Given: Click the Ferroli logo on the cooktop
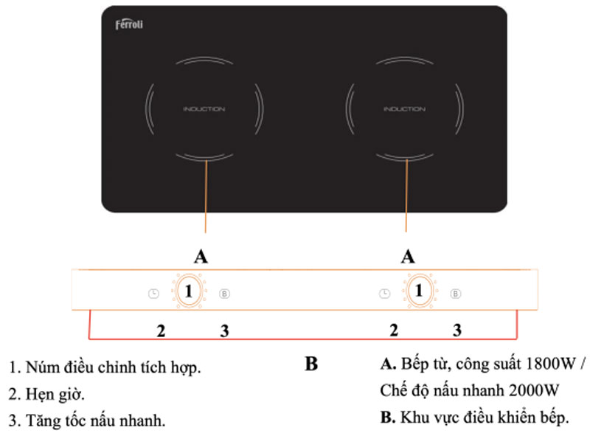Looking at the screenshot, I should [129, 25].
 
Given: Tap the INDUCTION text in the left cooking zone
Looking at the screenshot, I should [204, 109].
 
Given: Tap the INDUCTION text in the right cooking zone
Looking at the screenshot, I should [404, 109].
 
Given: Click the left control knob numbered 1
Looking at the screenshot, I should [189, 292].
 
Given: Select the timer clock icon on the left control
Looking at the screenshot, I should [153, 293].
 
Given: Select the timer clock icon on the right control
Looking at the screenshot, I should [384, 293].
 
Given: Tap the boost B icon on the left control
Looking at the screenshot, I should [225, 293].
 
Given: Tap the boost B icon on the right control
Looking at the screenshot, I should [456, 293].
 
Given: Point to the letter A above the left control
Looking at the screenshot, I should [200, 256].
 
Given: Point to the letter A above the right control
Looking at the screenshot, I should [407, 256].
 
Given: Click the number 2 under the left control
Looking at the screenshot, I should [161, 330].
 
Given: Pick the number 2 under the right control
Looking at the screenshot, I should [394, 330].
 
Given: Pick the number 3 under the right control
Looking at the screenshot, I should [457, 330].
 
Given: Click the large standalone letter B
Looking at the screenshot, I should [311, 364].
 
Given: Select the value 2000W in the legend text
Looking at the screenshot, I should [532, 390].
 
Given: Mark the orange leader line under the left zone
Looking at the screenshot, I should [206, 199].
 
